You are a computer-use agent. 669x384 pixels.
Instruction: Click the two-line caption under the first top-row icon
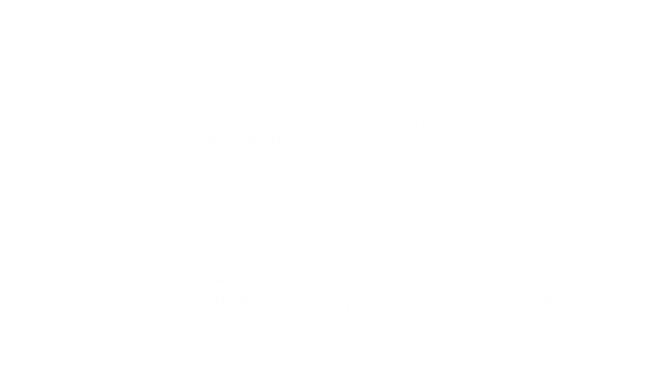99,127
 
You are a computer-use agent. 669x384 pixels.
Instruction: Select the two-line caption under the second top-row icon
229,130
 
